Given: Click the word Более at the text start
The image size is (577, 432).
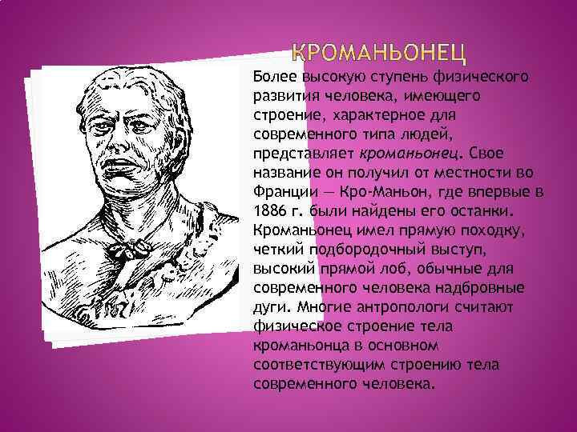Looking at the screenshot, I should click(x=274, y=77).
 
